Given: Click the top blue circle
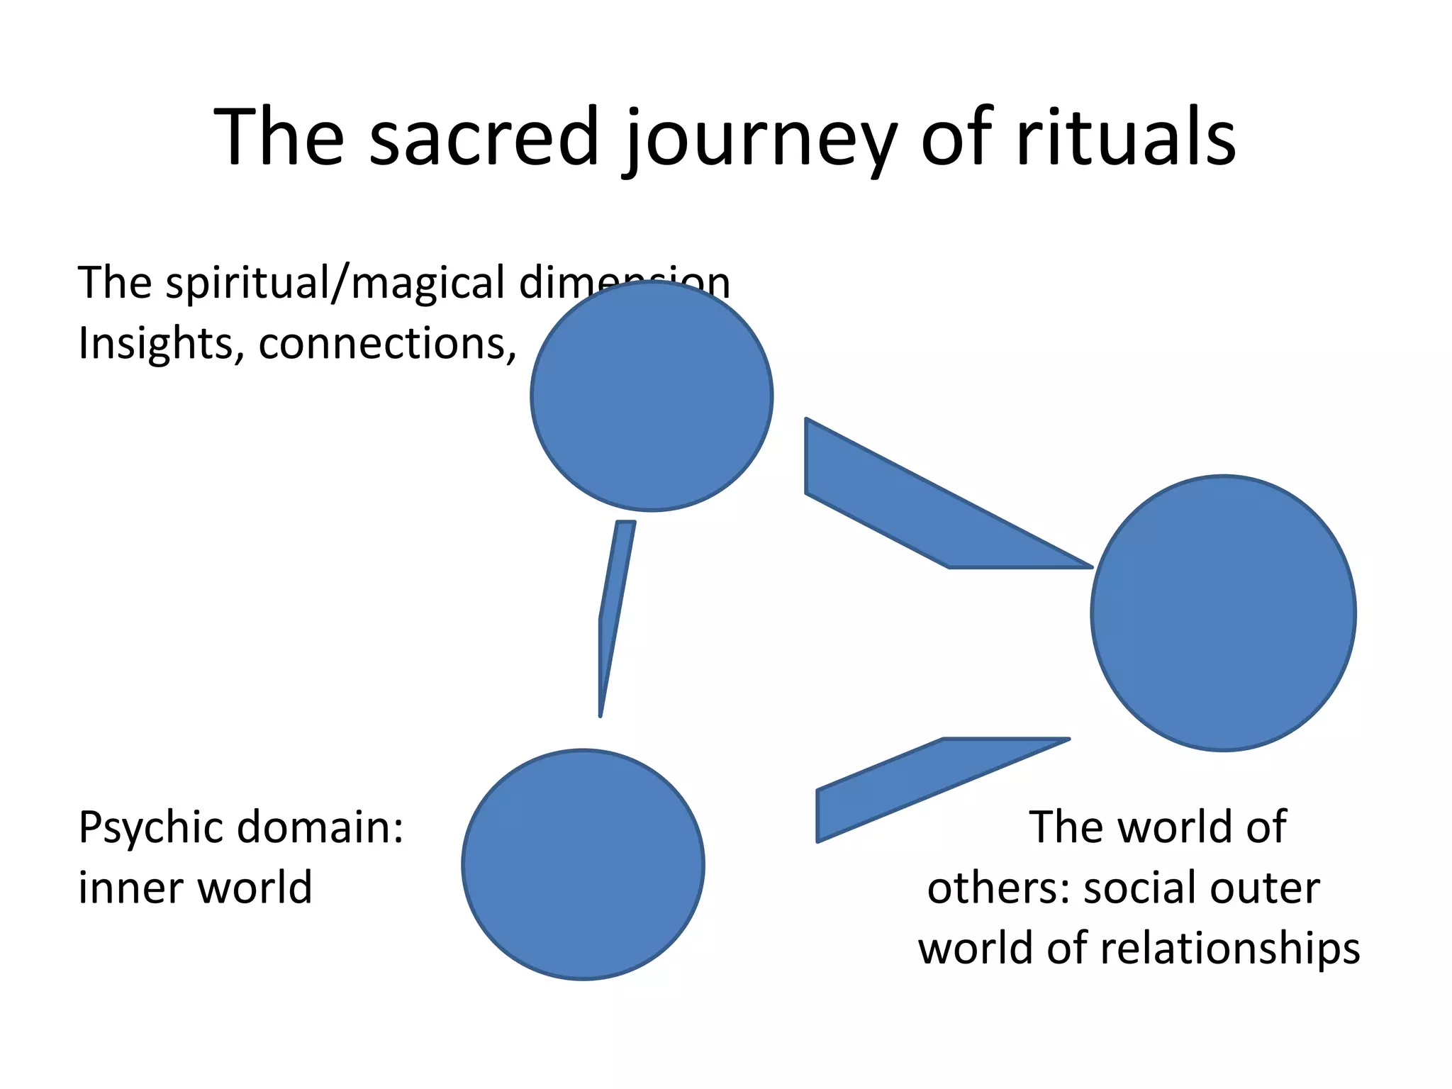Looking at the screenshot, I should tap(652, 395).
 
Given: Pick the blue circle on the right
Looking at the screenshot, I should tap(1223, 613).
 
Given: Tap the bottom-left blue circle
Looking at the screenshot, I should tap(583, 864).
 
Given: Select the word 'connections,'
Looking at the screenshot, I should tap(387, 344).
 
